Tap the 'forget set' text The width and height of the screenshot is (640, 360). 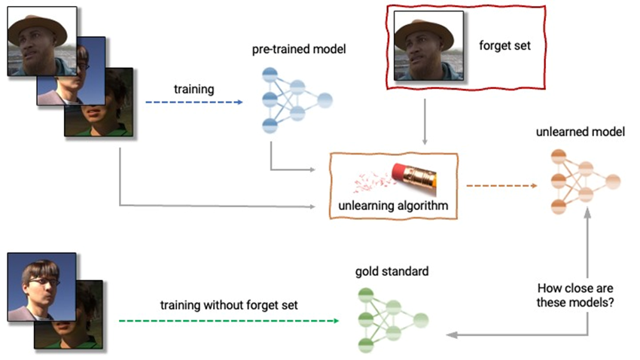click(x=504, y=44)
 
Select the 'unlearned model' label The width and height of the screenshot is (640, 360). click(x=581, y=132)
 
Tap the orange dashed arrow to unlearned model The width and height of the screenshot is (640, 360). click(x=501, y=185)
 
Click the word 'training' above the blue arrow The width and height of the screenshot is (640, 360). click(x=194, y=89)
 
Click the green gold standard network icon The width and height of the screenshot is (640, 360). click(x=392, y=319)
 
